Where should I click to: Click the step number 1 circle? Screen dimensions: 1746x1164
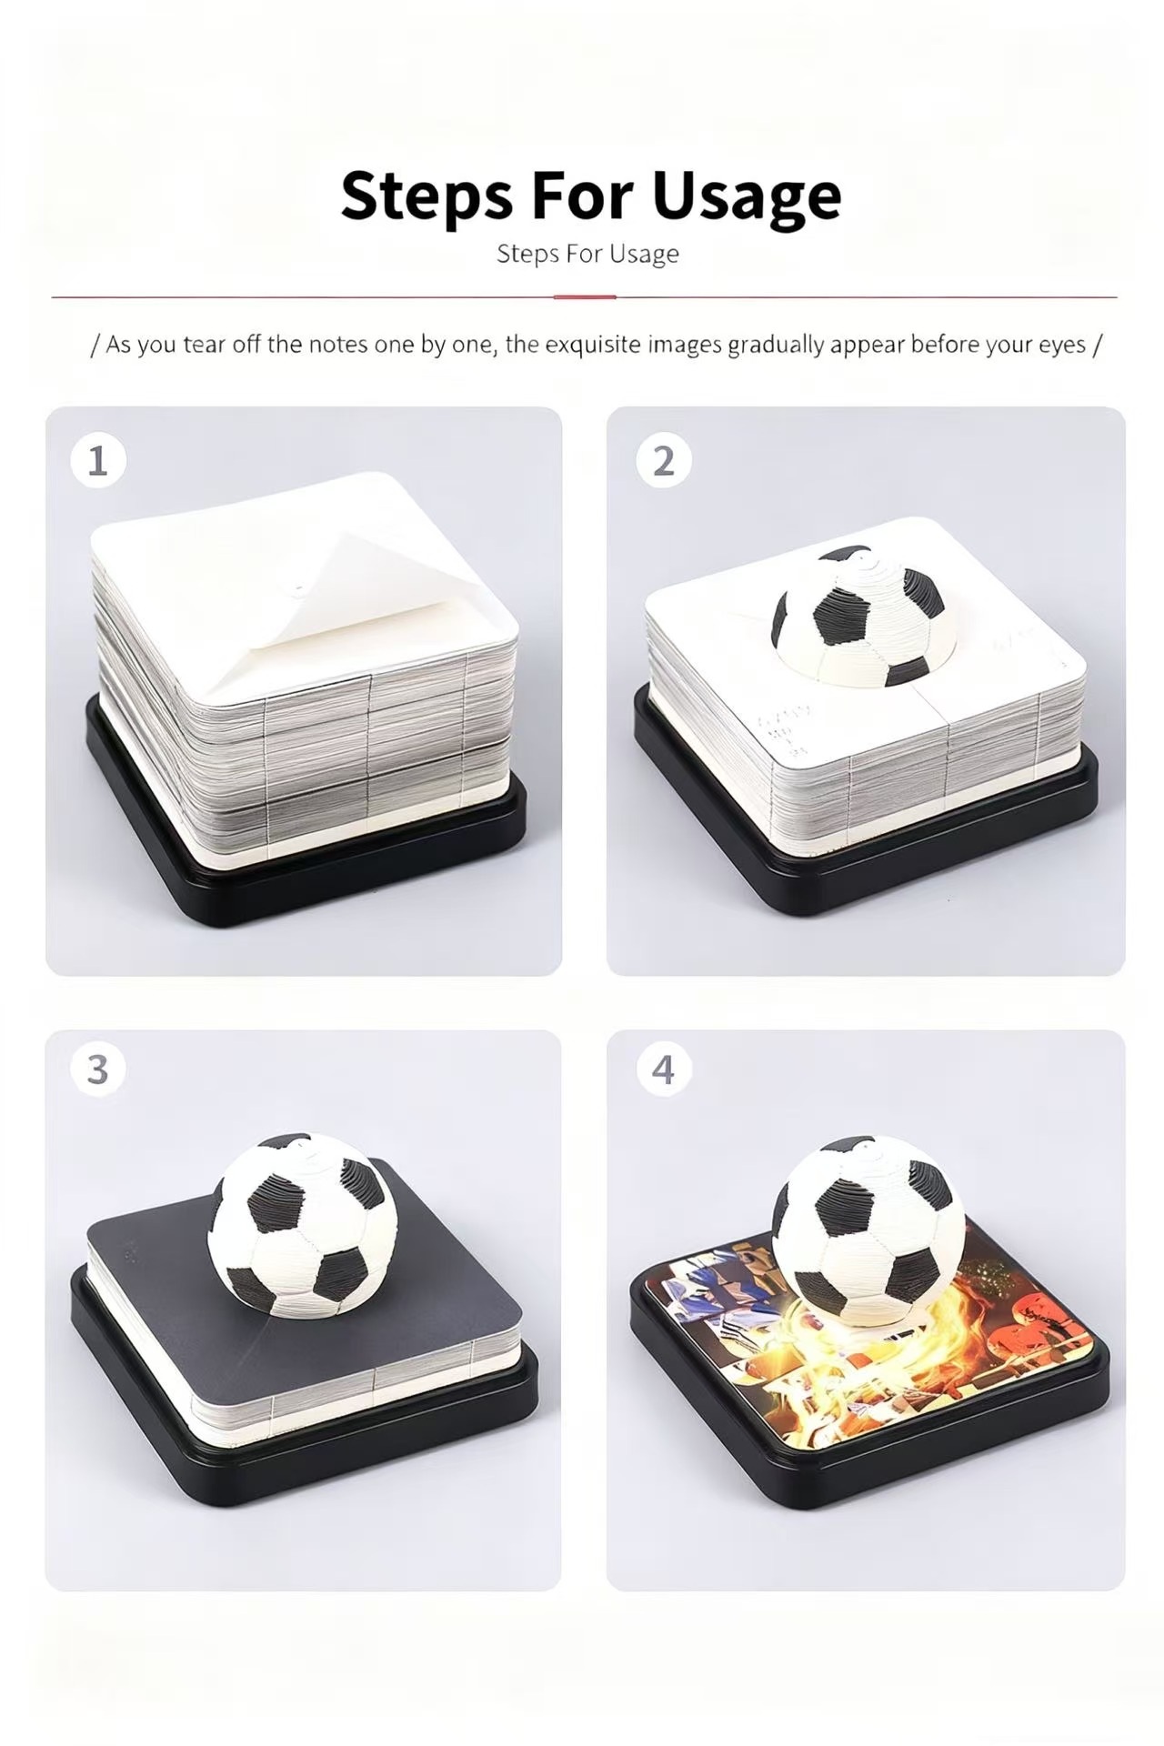pyautogui.click(x=97, y=461)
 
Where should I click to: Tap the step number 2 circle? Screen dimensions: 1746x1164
pyautogui.click(x=664, y=461)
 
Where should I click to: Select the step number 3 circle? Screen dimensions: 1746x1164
pyautogui.click(x=97, y=1069)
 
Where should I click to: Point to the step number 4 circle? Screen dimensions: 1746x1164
pyautogui.click(x=664, y=1069)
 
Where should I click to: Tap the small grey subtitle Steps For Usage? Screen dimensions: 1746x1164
pyautogui.click(x=587, y=254)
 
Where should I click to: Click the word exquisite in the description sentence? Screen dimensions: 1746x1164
pyautogui.click(x=594, y=345)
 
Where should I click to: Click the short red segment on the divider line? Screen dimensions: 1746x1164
pyautogui.click(x=585, y=296)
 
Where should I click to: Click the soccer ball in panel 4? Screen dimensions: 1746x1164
pyautogui.click(x=868, y=1227)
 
